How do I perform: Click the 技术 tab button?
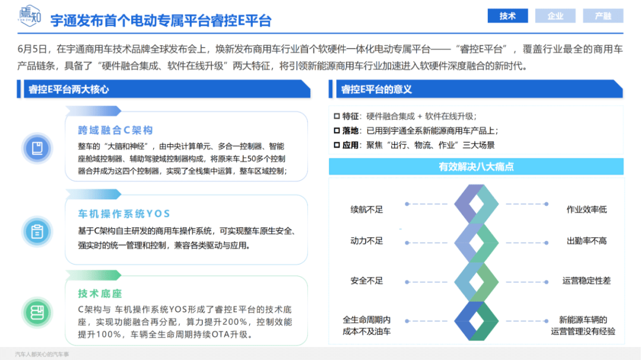507,16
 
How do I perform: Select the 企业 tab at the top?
555,16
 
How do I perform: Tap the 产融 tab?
603,16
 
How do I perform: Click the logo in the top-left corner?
30,16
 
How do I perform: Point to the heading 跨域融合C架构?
115,130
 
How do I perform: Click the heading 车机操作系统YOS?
124,214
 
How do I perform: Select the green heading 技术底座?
100,294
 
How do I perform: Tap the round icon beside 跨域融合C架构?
37,148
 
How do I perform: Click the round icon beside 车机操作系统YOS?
37,232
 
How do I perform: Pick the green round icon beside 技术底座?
37,313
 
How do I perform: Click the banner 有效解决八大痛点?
476,167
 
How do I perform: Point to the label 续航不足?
367,209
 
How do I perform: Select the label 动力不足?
367,241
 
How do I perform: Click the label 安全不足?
367,281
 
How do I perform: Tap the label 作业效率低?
586,209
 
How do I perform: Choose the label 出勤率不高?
586,241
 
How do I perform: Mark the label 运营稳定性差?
586,281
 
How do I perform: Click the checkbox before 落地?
337,130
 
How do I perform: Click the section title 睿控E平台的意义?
376,90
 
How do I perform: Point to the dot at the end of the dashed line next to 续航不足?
407,204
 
